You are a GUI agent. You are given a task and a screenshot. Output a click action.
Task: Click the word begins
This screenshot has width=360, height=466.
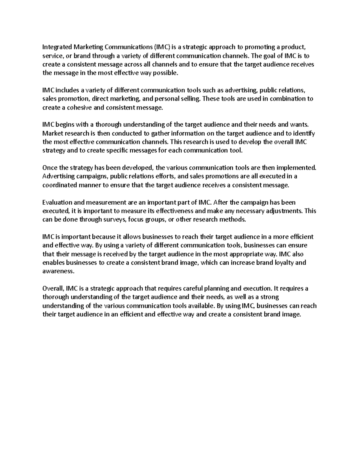65,125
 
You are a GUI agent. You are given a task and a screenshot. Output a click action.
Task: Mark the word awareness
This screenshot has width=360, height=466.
58,271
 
